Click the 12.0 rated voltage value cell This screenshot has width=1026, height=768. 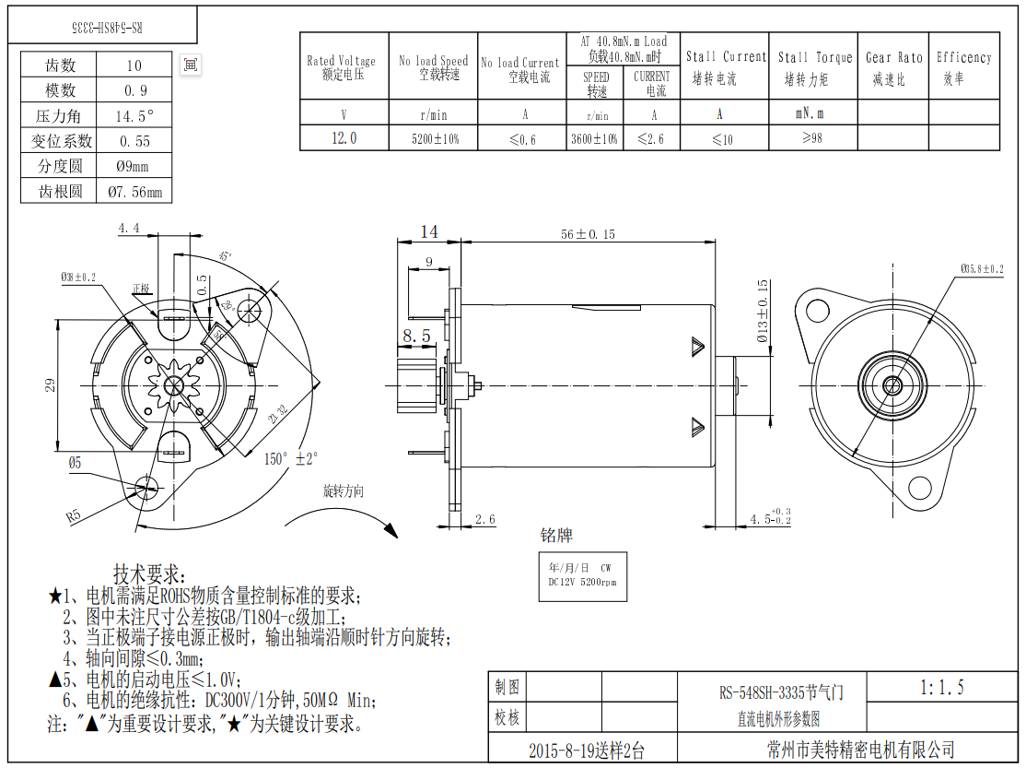pyautogui.click(x=344, y=138)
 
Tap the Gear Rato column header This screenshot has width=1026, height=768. pyautogui.click(x=893, y=66)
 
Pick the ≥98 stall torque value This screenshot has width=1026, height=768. pyautogui.click(x=811, y=138)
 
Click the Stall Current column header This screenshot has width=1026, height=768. pyautogui.click(x=725, y=66)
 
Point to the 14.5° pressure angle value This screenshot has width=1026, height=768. pyautogui.click(x=134, y=116)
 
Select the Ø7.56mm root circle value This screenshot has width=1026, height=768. pyautogui.click(x=134, y=192)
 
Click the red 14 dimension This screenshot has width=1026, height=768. pyautogui.click(x=429, y=232)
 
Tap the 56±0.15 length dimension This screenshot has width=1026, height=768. pyautogui.click(x=588, y=234)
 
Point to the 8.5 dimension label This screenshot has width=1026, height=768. pyautogui.click(x=416, y=337)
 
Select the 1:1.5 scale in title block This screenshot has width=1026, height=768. pyautogui.click(x=941, y=687)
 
